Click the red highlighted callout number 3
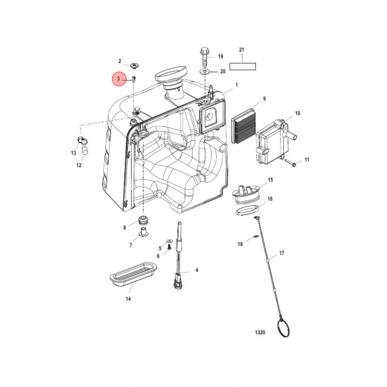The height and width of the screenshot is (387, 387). coord(119,79)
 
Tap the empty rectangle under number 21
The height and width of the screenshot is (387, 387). coord(242,67)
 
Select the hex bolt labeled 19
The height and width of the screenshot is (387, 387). coord(205,56)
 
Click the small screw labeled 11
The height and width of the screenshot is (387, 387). coord(290,163)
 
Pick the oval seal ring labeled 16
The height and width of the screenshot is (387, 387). coord(248,210)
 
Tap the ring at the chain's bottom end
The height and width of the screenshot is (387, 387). coord(283,328)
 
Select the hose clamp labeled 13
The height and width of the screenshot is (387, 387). coord(81,140)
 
